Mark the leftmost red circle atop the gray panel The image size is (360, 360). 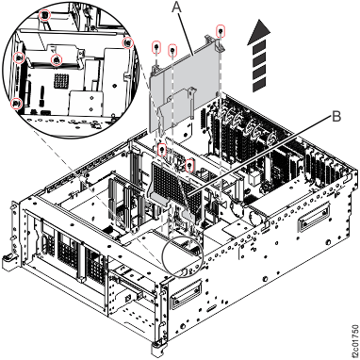point(156,45)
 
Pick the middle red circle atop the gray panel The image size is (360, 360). point(173,47)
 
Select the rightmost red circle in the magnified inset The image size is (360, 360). point(127,42)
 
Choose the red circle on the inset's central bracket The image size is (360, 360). point(58,59)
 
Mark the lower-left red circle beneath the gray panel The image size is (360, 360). point(163,147)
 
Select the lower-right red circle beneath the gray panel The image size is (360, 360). point(190,169)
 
